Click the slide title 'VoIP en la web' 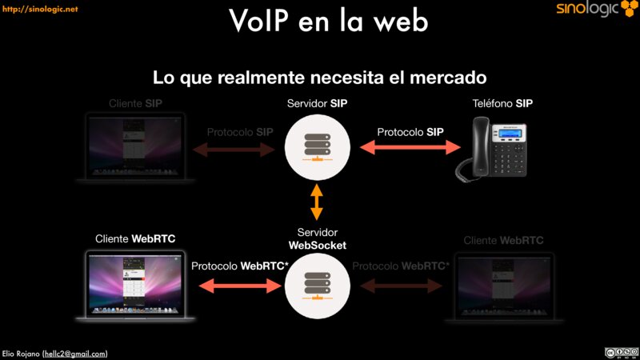tap(328, 22)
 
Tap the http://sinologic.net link tap(39, 9)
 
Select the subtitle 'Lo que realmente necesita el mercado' tap(320, 78)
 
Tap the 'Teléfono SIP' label tap(502, 103)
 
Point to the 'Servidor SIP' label tap(317, 103)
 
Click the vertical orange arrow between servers tap(317, 202)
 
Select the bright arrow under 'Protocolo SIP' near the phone tap(410, 147)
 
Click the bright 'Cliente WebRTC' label tap(135, 239)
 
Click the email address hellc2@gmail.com tap(75, 353)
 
